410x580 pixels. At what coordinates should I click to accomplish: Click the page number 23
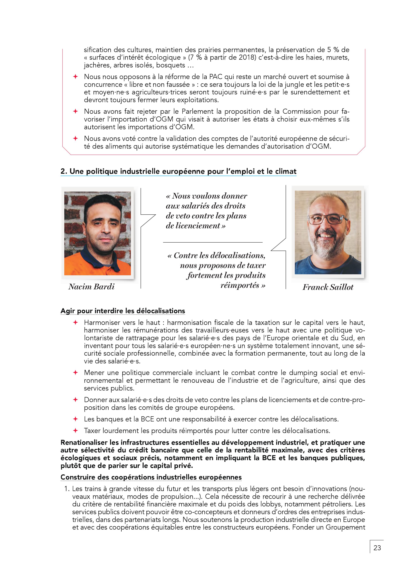pyautogui.click(x=377, y=548)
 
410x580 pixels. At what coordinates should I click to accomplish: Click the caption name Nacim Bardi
pyautogui.click(x=91, y=287)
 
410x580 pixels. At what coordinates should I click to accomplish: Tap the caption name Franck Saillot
pyautogui.click(x=328, y=287)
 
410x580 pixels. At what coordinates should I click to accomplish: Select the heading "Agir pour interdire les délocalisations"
pyautogui.click(x=123, y=311)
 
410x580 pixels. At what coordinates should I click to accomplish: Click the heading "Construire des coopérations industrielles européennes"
pyautogui.click(x=151, y=477)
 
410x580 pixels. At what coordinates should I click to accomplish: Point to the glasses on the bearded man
pyautogui.click(x=327, y=219)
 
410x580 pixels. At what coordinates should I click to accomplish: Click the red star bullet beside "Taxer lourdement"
pyautogui.click(x=75, y=430)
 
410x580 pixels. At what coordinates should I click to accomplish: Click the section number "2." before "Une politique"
pyautogui.click(x=64, y=171)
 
